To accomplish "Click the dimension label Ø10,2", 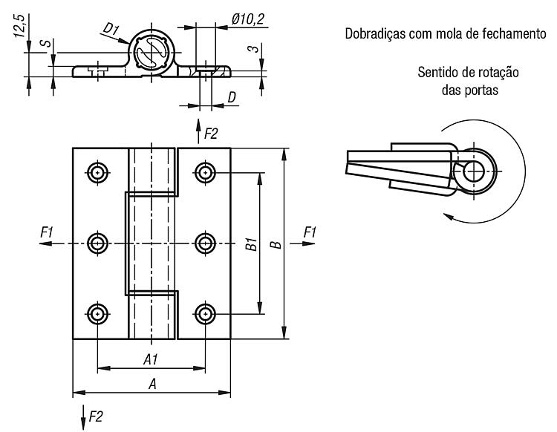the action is click(248, 19).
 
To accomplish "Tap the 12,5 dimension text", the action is click(19, 26).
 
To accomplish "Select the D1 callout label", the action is click(111, 28).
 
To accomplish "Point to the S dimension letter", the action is click(45, 44).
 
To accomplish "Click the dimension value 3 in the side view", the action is click(254, 48).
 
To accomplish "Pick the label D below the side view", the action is click(232, 97).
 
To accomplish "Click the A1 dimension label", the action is click(150, 360).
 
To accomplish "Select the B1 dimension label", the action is click(252, 244).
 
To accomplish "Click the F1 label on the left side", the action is click(47, 232).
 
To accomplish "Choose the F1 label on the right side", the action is click(310, 232).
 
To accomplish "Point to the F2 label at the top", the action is click(210, 134).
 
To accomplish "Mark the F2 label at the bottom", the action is click(96, 416).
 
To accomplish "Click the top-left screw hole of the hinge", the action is click(97, 172).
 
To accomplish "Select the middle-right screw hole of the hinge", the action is click(205, 243).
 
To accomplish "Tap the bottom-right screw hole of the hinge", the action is click(205, 314).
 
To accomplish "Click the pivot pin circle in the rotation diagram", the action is click(474, 171).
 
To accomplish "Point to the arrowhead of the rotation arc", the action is click(449, 216).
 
